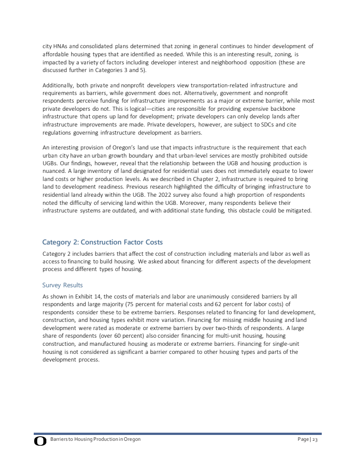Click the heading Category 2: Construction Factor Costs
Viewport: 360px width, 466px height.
click(103, 242)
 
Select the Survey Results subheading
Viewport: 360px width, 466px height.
click(63, 285)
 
